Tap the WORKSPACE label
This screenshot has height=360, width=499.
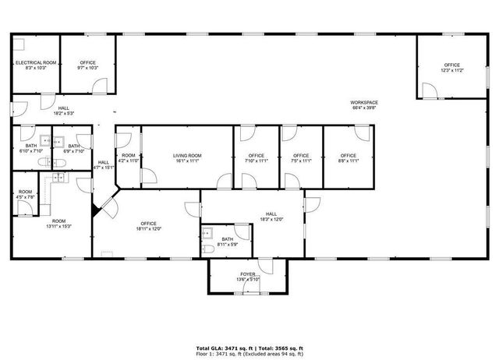(x=364, y=103)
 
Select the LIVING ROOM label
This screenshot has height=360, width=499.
(x=187, y=156)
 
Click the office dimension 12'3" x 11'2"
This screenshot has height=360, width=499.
(x=452, y=71)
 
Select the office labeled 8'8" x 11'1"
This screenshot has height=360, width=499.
(x=349, y=156)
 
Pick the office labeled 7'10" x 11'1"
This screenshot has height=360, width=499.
(x=257, y=156)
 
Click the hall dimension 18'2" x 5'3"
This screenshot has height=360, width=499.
(x=63, y=114)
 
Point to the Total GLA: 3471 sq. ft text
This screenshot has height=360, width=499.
(x=221, y=348)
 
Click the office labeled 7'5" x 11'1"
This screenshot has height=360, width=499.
(x=301, y=156)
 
